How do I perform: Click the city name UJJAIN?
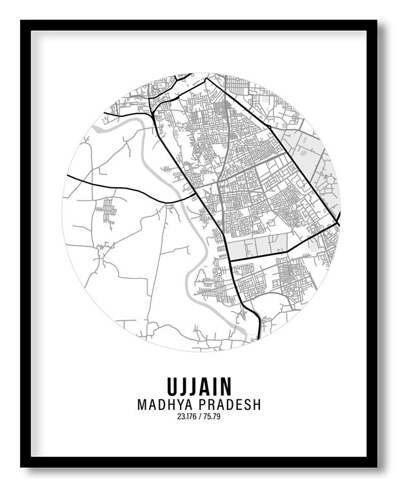coord(199,387)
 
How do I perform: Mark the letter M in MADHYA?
coord(143,405)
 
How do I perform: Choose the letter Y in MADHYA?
coord(177,405)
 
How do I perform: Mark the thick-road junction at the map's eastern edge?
coord(337,223)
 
